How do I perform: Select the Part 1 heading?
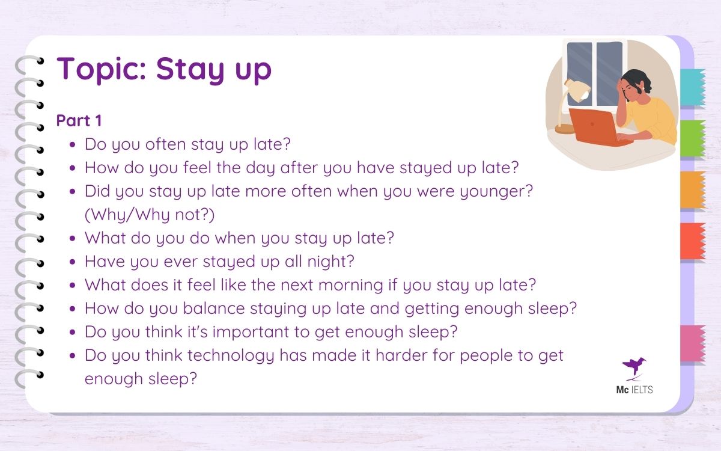79,120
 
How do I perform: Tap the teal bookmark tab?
692,88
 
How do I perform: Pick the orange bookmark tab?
692,190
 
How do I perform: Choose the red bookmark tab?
692,241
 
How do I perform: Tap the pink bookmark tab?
692,343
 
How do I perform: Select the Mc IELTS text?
634,390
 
